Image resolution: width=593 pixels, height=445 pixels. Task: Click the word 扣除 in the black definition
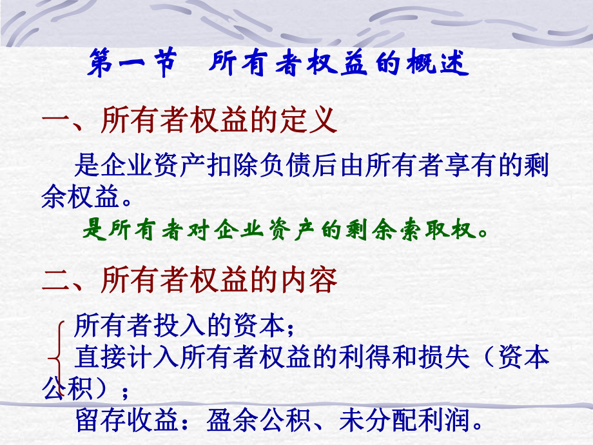[x=231, y=166]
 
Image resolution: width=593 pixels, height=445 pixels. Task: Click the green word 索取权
[x=449, y=230]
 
